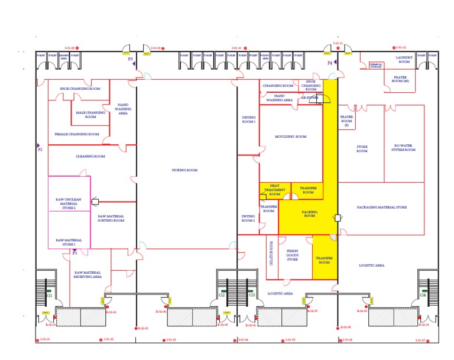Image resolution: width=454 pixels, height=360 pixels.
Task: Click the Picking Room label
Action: [x=184, y=170]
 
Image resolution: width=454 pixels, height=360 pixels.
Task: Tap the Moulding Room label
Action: [x=291, y=137]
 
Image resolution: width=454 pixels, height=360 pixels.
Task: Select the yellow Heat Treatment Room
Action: [x=274, y=190]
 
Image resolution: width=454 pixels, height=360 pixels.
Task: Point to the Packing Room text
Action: [x=309, y=213]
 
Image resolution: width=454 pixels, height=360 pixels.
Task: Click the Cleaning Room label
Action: [x=90, y=157]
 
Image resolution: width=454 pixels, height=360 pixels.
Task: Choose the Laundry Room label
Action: [x=404, y=59]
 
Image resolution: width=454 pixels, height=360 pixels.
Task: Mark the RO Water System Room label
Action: [x=404, y=148]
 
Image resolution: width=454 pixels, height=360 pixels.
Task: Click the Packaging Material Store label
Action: [x=381, y=207]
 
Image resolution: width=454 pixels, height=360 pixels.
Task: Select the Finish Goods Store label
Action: [x=293, y=255]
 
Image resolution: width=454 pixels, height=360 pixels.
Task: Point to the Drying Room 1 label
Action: [x=248, y=119]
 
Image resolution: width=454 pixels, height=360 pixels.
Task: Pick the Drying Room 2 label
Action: [x=248, y=218]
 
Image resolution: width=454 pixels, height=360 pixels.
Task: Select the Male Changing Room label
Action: [x=90, y=114]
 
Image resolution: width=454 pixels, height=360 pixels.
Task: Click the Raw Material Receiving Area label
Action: [x=88, y=274]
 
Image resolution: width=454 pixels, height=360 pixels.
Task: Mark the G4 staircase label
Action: [x=423, y=294]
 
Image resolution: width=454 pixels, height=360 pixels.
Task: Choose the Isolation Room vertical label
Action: [x=271, y=252]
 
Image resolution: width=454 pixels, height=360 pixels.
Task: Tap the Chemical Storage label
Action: [x=377, y=66]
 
